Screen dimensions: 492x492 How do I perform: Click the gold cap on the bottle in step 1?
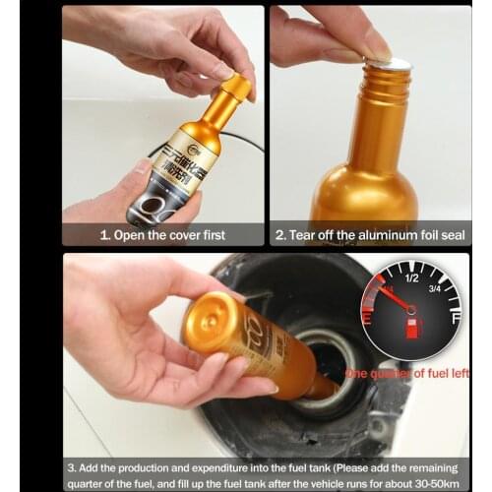[236, 88]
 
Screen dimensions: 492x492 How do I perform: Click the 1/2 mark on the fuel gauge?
[411, 277]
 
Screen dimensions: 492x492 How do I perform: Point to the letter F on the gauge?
[454, 320]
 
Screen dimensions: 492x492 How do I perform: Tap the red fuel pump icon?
[412, 325]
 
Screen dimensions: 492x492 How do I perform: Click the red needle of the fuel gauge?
[392, 294]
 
